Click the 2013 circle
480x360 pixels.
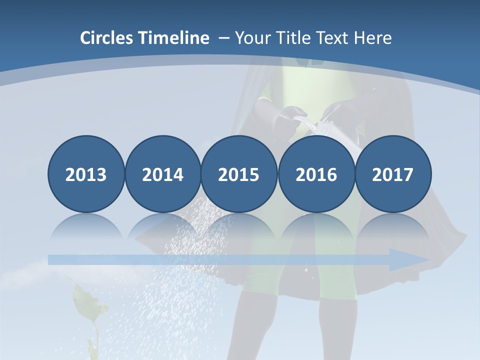86,174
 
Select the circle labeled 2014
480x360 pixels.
162,174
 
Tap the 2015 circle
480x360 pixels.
239,174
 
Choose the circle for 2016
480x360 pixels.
316,174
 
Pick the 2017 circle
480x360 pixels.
392,174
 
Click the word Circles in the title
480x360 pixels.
107,38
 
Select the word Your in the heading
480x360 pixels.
252,38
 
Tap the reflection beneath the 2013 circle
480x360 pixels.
86,227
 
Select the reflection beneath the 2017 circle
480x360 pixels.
392,227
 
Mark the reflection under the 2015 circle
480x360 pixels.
239,227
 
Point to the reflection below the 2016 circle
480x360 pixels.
316,227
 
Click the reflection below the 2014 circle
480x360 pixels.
162,227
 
